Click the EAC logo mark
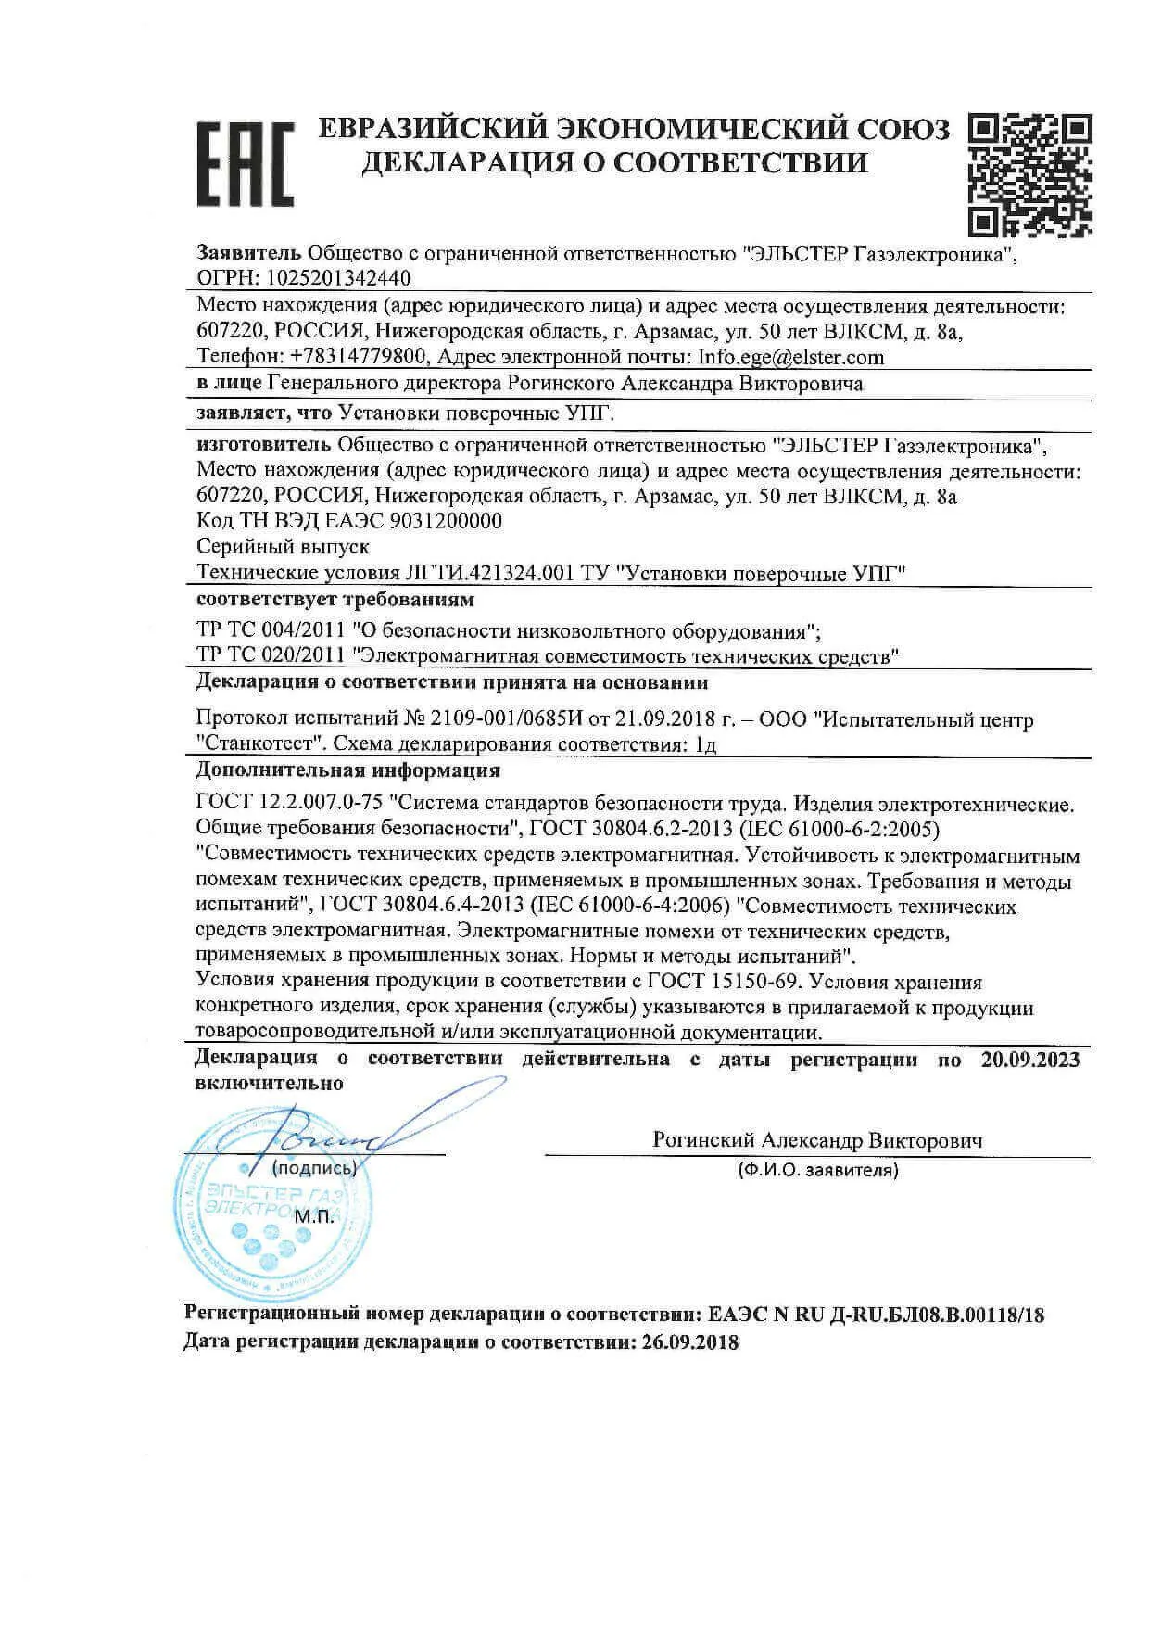pos(245,163)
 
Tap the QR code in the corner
pos(1029,175)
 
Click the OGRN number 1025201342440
pos(339,278)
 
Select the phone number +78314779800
pos(357,357)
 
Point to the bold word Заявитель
pos(249,253)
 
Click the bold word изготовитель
pos(265,446)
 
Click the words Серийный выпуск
pos(284,547)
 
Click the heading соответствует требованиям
pos(335,600)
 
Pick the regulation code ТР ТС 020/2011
pos(273,657)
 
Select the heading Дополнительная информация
pos(348,770)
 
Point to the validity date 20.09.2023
pos(1029,1060)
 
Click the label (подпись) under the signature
pos(315,1169)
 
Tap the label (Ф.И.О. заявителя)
pos(817,1171)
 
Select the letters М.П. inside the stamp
pos(314,1216)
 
